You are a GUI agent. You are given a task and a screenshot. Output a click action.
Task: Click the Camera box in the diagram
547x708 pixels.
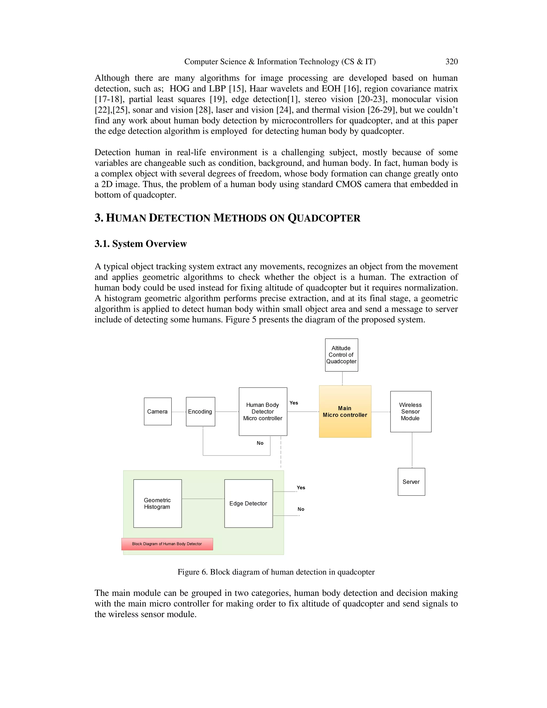[158, 411]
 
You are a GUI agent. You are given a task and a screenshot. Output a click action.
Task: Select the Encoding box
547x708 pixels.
[200, 411]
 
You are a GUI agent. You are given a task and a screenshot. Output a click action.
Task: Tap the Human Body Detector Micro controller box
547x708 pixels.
[263, 411]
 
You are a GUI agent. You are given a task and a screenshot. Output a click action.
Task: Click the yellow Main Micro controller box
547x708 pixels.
[345, 411]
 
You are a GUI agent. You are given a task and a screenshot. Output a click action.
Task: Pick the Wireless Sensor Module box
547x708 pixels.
[411, 411]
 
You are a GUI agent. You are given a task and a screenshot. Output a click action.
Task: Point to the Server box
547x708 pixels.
[411, 482]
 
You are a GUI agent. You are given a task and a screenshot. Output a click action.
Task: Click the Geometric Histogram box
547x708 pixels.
[158, 503]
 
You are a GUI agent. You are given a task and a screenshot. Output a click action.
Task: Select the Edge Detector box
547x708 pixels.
[248, 503]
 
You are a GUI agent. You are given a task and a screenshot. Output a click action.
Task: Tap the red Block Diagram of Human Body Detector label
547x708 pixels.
[167, 544]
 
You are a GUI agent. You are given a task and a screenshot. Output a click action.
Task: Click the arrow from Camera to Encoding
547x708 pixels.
[179, 412]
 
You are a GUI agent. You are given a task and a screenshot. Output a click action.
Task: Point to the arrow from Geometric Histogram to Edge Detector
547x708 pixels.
[203, 499]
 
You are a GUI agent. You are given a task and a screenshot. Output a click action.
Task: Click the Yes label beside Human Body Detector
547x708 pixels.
[294, 403]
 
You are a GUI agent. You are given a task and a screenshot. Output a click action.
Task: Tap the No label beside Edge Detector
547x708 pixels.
[301, 509]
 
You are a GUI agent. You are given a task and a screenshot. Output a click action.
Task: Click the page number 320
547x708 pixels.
[451, 62]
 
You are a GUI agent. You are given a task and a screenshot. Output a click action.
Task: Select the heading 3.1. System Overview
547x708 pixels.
[141, 244]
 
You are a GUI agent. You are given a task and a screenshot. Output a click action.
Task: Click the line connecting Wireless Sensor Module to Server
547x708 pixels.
[412, 450]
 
